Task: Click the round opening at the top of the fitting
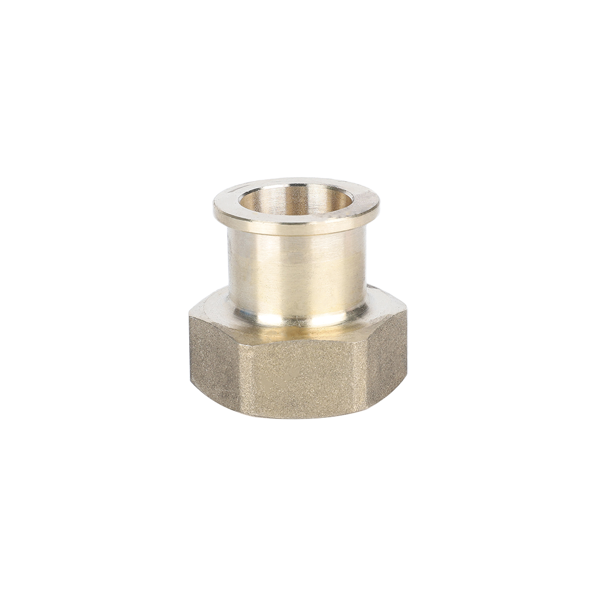pyautogui.click(x=296, y=200)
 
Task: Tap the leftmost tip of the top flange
pyautogui.click(x=214, y=206)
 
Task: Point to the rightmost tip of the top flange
pyautogui.click(x=379, y=205)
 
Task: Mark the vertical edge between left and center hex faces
pyautogui.click(x=238, y=374)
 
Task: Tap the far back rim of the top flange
pyautogui.click(x=296, y=182)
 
